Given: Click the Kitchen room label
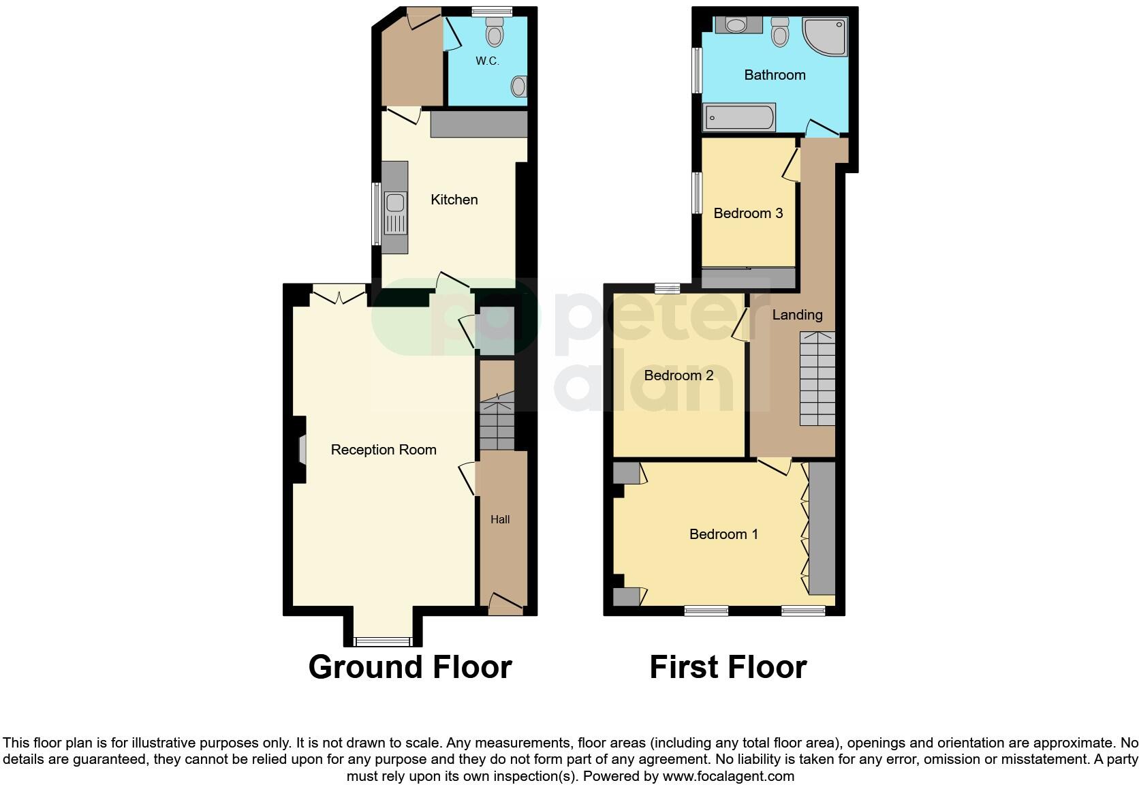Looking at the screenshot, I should click(454, 200).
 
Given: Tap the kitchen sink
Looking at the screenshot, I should click(394, 204).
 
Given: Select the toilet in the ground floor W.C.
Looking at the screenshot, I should click(495, 31).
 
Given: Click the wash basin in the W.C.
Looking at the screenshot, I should click(519, 87).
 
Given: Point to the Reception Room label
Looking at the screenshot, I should click(383, 450).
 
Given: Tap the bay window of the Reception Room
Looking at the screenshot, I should click(383, 641).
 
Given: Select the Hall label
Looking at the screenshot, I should click(500, 519).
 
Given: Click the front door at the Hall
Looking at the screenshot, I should click(505, 604).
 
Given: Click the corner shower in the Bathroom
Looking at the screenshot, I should click(826, 37).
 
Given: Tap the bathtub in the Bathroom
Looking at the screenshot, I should click(739, 118).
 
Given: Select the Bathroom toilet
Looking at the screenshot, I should click(780, 31).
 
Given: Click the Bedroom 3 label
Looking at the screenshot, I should click(748, 213).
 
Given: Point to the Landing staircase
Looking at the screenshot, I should click(817, 379).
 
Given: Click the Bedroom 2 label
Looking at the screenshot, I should click(678, 375).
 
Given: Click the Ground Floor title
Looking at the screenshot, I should click(409, 667).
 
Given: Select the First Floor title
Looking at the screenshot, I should click(728, 667).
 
